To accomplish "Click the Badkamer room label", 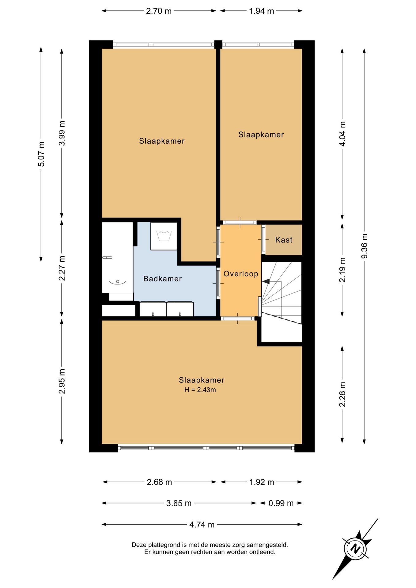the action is (x=162, y=279).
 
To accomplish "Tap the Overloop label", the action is (x=241, y=274).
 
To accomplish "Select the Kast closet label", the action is (x=284, y=240).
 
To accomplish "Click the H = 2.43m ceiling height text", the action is (x=200, y=390).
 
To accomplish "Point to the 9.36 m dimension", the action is (x=364, y=246).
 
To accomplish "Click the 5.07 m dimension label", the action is (x=41, y=154).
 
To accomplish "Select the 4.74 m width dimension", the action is (x=202, y=525).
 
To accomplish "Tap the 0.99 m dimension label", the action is (x=281, y=503).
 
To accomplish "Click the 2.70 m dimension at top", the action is (x=159, y=11).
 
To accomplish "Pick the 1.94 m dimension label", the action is (x=261, y=11).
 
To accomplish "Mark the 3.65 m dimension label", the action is (x=179, y=503).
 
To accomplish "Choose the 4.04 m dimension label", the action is (x=342, y=134).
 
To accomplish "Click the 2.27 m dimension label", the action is (x=62, y=268).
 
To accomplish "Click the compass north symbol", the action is (x=355, y=548).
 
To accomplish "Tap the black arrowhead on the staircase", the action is (x=266, y=281).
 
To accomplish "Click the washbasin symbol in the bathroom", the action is (x=118, y=282).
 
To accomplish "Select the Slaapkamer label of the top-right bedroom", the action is (x=261, y=135).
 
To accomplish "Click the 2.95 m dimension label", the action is (x=62, y=381).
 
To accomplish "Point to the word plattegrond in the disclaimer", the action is (x=165, y=545).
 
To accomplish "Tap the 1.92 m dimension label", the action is (x=261, y=482).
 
